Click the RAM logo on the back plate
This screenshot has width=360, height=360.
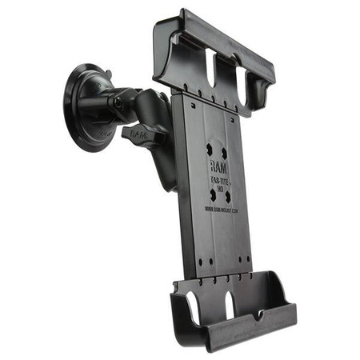coord(217,166)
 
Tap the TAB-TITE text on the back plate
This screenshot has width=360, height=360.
coord(218,182)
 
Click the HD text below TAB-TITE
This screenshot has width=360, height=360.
coord(219,190)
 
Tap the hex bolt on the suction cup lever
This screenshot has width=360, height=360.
coord(117,102)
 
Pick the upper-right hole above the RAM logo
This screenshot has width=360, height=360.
coord(224,151)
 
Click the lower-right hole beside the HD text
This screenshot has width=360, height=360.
coord(228,195)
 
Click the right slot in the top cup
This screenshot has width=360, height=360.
coord(241,81)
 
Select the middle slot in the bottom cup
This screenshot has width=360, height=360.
coord(230,305)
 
